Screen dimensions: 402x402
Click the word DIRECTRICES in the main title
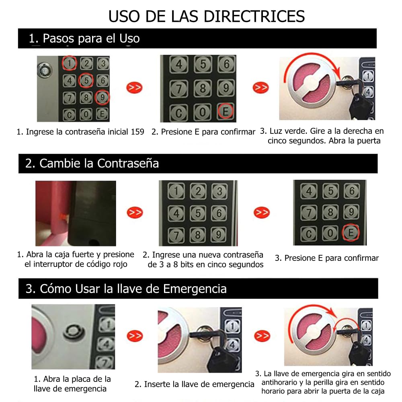click(x=254, y=16)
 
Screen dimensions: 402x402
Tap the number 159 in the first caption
click(x=137, y=132)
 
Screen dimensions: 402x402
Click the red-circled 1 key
click(x=69, y=63)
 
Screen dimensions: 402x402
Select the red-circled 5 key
click(x=86, y=80)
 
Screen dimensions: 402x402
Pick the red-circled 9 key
click(x=102, y=97)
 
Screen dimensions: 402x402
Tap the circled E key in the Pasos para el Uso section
click(x=226, y=111)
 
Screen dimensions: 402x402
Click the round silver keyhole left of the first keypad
click(x=45, y=70)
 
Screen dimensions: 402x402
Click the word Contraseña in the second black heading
click(x=128, y=163)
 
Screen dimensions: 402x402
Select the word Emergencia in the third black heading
click(x=195, y=289)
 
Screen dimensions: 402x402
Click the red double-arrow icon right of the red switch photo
click(x=135, y=213)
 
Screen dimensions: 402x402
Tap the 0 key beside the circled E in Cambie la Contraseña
click(x=330, y=233)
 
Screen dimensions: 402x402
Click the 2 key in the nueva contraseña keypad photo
click(x=198, y=191)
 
